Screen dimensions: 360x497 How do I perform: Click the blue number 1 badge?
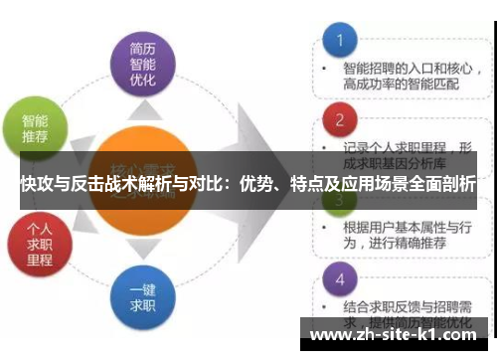pyautogui.click(x=339, y=42)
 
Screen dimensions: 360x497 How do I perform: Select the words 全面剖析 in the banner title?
pyautogui.click(x=443, y=185)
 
